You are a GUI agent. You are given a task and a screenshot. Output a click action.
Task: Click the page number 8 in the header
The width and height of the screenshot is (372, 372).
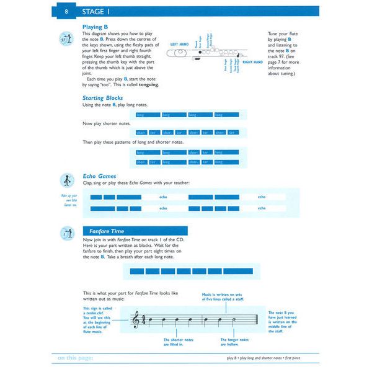click(67, 12)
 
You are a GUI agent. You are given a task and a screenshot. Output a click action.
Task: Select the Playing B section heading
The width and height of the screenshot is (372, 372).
click(95, 27)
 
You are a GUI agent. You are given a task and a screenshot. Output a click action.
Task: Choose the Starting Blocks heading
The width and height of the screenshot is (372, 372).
click(102, 98)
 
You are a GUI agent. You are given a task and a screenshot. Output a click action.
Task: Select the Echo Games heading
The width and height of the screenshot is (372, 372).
click(99, 176)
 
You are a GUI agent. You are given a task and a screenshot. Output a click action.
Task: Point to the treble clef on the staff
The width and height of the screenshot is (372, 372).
click(136, 320)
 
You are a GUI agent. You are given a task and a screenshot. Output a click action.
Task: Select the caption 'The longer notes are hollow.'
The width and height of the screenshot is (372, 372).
click(235, 342)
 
